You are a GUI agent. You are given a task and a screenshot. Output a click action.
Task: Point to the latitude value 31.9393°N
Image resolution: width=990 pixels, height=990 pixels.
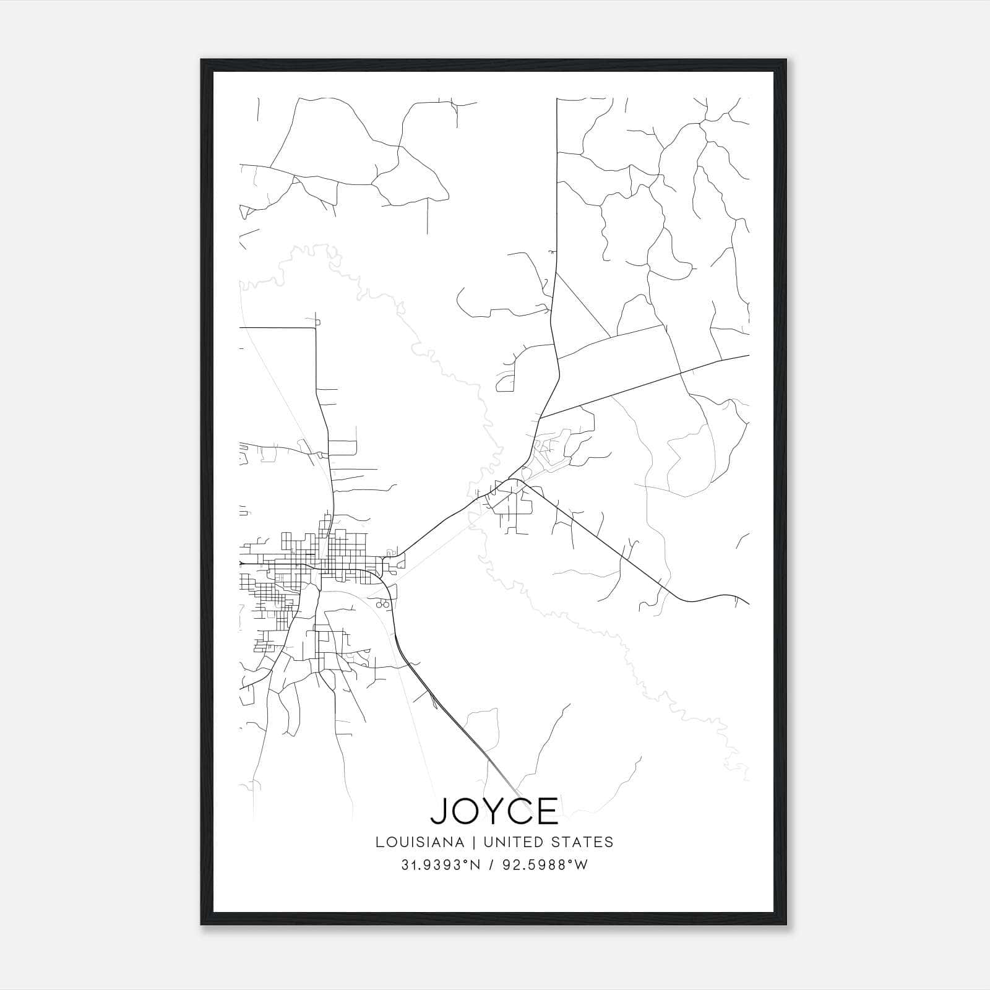(441, 865)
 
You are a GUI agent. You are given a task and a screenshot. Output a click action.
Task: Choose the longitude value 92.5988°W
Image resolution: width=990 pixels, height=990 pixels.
(544, 865)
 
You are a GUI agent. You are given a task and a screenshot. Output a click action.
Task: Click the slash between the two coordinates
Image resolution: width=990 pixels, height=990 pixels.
(491, 865)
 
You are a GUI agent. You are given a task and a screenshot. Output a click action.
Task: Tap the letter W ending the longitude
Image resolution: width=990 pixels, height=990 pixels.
(582, 865)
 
